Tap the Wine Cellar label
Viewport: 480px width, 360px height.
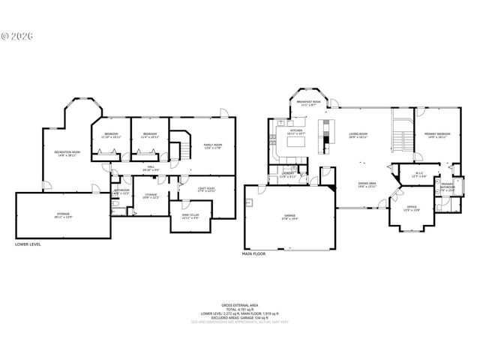[190, 214]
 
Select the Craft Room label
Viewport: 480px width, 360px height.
[207, 189]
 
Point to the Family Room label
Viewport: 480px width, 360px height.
[213, 145]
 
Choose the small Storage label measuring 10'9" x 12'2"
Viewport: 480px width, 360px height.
[151, 196]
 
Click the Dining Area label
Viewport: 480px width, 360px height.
[366, 184]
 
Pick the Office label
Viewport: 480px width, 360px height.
[411, 208]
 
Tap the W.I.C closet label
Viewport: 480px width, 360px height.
[420, 175]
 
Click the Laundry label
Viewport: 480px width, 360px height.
[287, 174]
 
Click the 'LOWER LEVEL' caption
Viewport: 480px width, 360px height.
[30, 244]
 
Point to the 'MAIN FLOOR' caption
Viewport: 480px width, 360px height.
[254, 254]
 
